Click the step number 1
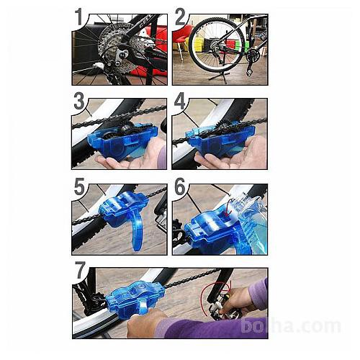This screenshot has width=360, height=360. (79, 17)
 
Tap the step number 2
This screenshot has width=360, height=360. (181, 17)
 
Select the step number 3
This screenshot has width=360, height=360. (79, 101)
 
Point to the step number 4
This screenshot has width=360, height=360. (180, 101)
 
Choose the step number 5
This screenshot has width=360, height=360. (79, 186)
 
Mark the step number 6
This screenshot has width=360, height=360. (180, 186)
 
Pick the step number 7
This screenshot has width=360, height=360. (80, 270)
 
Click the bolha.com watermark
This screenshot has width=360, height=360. (291, 325)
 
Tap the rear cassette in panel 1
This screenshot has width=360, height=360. (113, 48)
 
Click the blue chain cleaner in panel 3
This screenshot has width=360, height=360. (122, 142)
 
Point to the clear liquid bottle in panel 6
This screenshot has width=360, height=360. (253, 225)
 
